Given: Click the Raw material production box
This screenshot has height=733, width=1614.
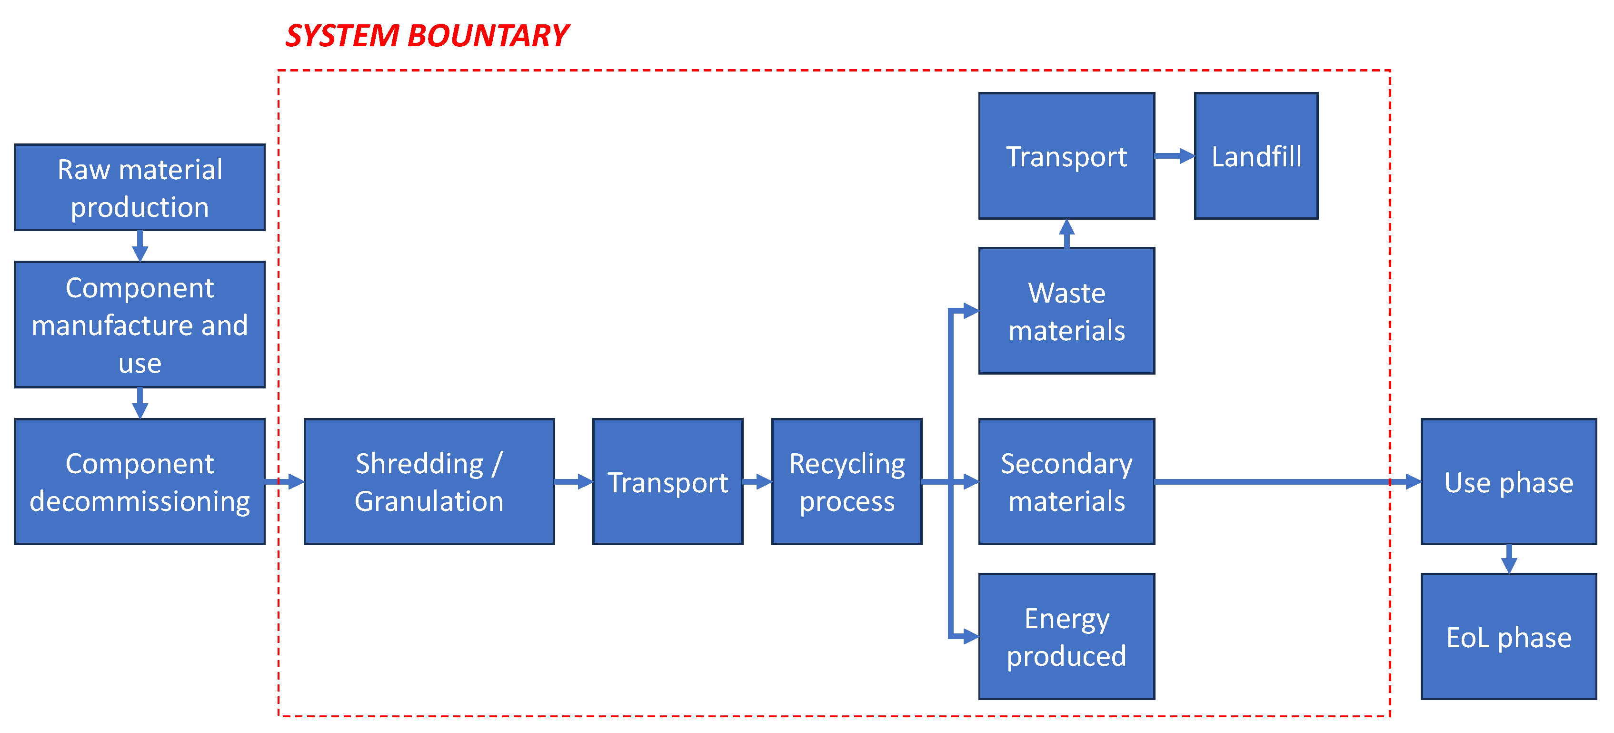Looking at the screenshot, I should (139, 187).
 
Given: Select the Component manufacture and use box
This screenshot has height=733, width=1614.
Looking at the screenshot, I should (139, 324).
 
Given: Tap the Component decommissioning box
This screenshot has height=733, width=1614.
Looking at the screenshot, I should (139, 481).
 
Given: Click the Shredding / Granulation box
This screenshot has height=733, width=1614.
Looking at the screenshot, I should (429, 481).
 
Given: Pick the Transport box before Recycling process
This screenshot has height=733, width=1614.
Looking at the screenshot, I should (668, 481).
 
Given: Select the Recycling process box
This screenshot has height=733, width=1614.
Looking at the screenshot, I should (847, 481).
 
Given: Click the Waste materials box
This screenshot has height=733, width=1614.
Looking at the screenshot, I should (1066, 311).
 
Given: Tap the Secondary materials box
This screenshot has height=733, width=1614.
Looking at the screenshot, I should (1066, 481).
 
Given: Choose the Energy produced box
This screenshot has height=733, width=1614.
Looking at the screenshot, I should (1066, 636).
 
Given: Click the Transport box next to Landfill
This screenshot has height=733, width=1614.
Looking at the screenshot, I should (1066, 156).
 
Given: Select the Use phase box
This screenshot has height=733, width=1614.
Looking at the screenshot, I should (1508, 481).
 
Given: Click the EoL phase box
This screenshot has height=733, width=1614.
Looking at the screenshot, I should (1508, 636).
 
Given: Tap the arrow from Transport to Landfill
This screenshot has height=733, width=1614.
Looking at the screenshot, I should (1174, 156).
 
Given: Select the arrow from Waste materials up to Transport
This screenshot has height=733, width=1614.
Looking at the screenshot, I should (1067, 233).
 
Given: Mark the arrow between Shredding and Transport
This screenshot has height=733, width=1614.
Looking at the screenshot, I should (573, 481).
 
